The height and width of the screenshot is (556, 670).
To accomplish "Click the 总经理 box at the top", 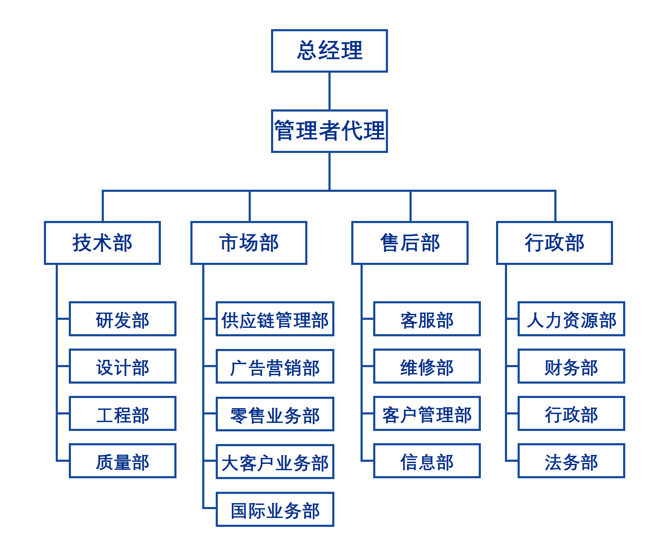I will tap(329, 51).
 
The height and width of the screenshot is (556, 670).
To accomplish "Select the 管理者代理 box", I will tap(329, 131).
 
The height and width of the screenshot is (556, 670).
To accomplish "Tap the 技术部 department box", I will tap(102, 243).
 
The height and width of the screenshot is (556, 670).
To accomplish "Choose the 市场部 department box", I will tap(249, 243).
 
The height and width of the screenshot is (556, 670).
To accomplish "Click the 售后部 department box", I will tap(410, 243).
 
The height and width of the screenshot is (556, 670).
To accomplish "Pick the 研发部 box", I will tap(122, 319).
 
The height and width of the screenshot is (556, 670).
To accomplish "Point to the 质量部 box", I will tap(122, 461).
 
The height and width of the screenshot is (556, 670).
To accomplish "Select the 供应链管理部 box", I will tap(275, 319).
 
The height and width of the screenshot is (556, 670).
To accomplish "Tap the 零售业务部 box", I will tap(275, 414).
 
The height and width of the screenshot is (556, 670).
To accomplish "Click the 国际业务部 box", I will tap(275, 510).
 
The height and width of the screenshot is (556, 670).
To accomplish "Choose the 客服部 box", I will tap(427, 319).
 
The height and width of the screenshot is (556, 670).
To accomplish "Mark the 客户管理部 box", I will tap(427, 414).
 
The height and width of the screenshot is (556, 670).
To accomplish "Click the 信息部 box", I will tap(427, 461).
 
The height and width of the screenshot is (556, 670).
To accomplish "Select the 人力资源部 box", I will tap(571, 319).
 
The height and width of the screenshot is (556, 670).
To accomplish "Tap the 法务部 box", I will tap(571, 461).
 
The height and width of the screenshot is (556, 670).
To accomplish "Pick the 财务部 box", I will tap(571, 366).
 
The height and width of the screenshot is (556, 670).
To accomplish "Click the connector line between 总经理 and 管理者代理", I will tap(329, 91).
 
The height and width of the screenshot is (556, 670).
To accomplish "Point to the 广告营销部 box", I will tap(275, 367).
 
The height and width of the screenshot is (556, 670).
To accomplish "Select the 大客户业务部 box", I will tap(275, 462).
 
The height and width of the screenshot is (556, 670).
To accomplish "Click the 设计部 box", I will tap(122, 366).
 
